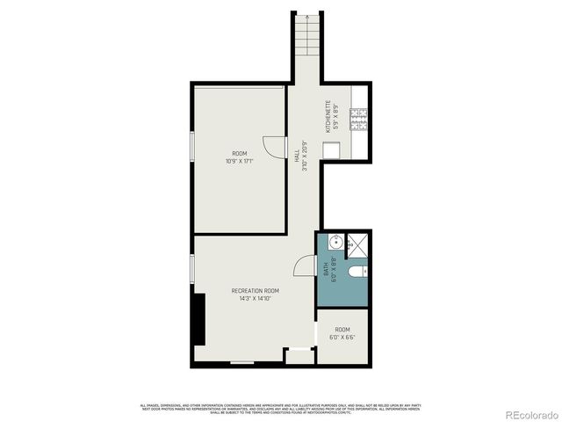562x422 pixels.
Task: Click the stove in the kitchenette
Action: (x=358, y=119)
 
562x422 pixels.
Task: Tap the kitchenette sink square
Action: (x=330, y=149)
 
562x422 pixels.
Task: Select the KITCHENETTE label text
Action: (x=327, y=117)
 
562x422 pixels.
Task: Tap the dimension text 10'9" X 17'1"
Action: (x=239, y=161)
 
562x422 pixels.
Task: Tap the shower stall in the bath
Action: (x=358, y=246)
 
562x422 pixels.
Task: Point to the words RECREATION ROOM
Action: (x=255, y=290)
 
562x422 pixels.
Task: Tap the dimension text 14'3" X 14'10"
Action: (x=255, y=298)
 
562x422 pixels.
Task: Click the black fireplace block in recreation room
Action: (x=199, y=319)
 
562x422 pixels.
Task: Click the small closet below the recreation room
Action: (x=299, y=356)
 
